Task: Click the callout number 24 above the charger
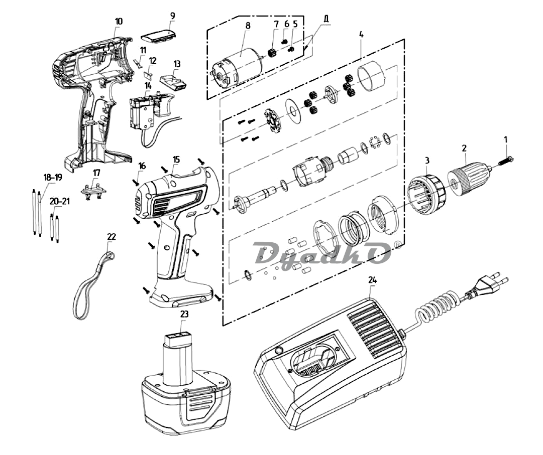pyautogui.click(x=372, y=280)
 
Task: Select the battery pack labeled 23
pyautogui.click(x=186, y=380)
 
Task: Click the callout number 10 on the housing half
pyautogui.click(x=119, y=21)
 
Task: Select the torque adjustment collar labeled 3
pyautogui.click(x=427, y=193)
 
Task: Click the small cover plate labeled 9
pyautogui.click(x=158, y=37)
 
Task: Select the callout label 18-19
pyautogui.click(x=53, y=178)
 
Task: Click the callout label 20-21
pyautogui.click(x=60, y=201)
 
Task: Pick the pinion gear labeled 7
pyautogui.click(x=272, y=53)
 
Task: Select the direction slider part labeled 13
pyautogui.click(x=173, y=82)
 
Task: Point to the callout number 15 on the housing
pyautogui.click(x=176, y=160)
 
